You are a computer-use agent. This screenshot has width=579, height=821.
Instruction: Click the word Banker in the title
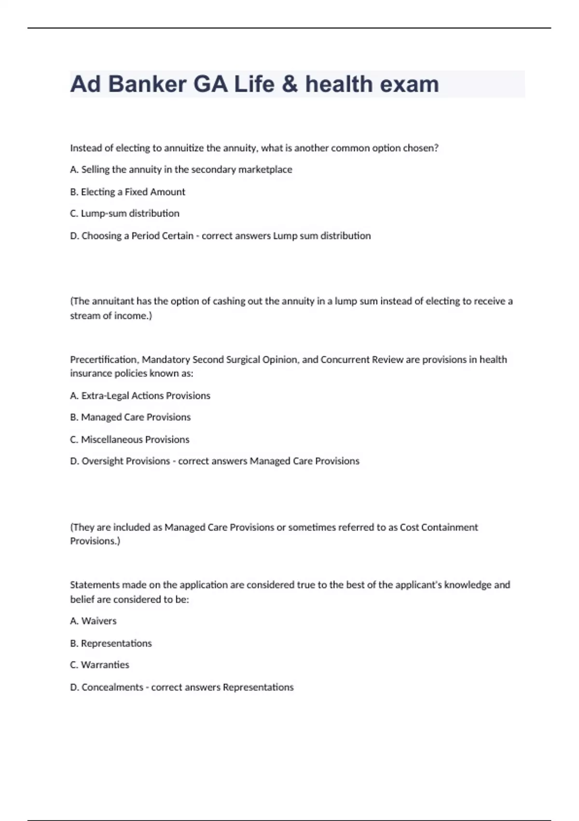[x=147, y=84]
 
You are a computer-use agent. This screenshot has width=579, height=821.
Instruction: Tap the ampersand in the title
[x=290, y=84]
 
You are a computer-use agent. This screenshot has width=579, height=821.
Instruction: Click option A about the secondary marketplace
[x=181, y=170]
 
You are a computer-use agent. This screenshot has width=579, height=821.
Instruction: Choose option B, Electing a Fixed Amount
[x=127, y=192]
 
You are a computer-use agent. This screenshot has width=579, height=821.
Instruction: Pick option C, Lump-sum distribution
[x=124, y=213]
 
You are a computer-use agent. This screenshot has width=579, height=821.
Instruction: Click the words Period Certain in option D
[x=162, y=236]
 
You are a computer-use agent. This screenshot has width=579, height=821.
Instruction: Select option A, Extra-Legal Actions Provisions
[x=140, y=396]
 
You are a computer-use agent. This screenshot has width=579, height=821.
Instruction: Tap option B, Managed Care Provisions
[x=130, y=417]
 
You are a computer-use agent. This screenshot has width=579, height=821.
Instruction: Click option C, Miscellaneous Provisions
[x=129, y=439]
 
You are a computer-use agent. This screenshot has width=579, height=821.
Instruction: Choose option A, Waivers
[x=93, y=621]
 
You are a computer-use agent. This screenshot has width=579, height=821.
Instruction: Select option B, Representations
[x=111, y=643]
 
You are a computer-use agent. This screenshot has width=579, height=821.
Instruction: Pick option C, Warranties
[x=99, y=665]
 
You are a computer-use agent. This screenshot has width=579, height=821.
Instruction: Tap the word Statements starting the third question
[x=95, y=585]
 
